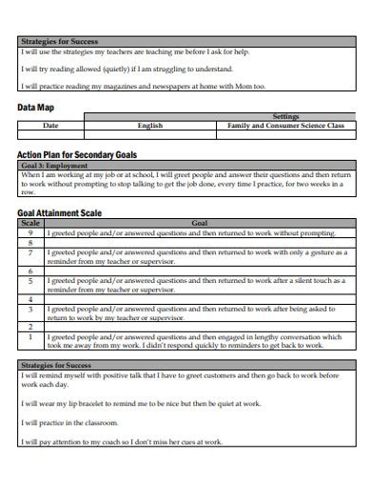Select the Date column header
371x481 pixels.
point(50,126)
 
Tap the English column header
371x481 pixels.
point(150,126)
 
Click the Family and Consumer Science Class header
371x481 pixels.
point(285,126)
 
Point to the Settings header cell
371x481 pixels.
point(285,117)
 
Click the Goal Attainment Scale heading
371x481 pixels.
point(58,213)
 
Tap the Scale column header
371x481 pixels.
point(29,223)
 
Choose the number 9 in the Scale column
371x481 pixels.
point(29,232)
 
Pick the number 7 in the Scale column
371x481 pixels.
point(29,254)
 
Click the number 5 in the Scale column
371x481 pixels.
point(29,282)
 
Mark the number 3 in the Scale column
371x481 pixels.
point(29,310)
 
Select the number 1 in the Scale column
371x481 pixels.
point(29,337)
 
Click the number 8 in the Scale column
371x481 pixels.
point(29,243)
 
